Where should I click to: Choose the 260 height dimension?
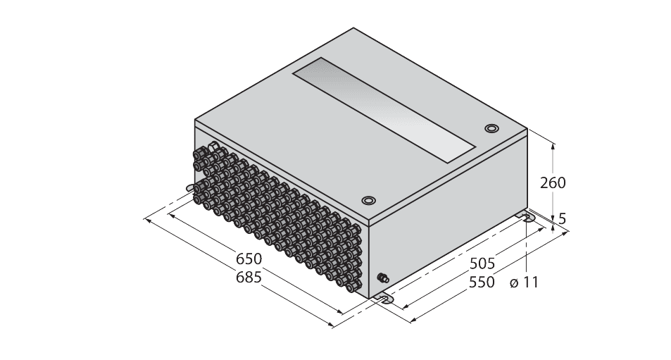[x=553, y=183]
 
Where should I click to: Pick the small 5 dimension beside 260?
[x=562, y=219]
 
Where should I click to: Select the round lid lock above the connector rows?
[x=368, y=199]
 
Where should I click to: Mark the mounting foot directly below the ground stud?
[x=384, y=299]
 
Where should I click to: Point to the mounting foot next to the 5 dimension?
[x=527, y=217]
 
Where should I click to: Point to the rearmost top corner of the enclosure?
[x=354, y=29]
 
